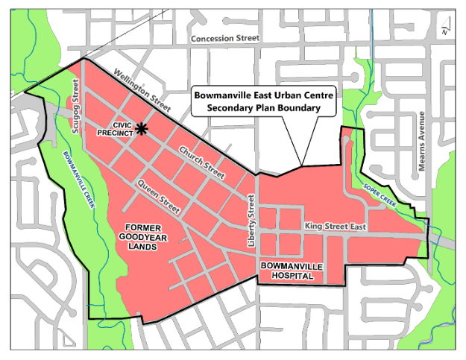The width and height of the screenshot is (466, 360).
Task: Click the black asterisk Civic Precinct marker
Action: pos(142,130)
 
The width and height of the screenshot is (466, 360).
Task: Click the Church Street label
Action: pos(201,161)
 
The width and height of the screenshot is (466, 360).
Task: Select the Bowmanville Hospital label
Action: pos(286,271)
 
